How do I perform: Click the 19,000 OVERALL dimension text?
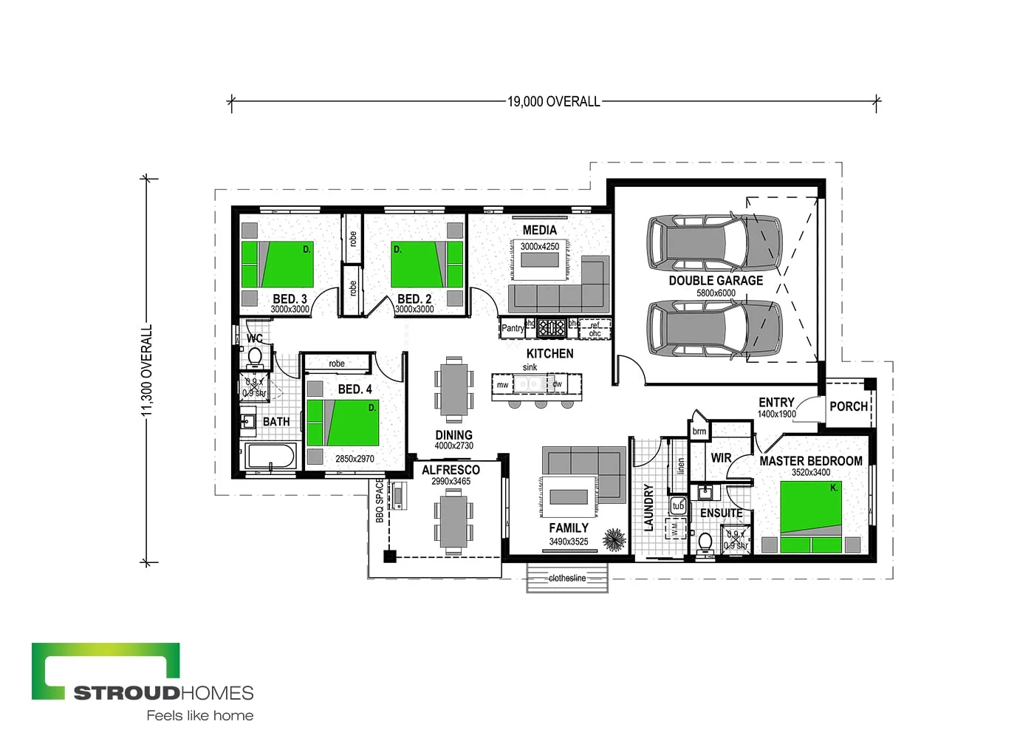553,102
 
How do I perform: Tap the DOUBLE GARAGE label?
716,281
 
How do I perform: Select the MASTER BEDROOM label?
810,461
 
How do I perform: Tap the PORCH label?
848,406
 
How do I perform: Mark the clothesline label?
567,579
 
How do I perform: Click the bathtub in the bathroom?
271,456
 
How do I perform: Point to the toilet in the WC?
255,357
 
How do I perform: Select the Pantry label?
513,328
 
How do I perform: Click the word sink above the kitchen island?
530,367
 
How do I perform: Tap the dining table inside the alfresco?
453,522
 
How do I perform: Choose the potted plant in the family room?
614,539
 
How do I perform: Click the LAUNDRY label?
649,508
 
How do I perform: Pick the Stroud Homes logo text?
163,693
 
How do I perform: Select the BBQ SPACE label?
380,500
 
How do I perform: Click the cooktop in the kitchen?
551,327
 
